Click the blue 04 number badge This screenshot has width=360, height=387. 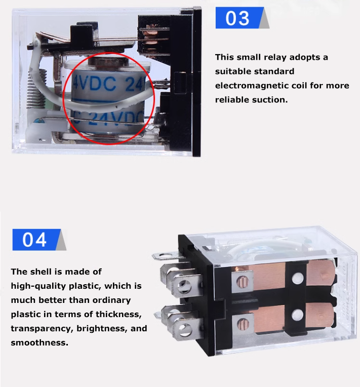click(x=36, y=240)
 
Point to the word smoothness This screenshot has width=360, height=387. click(x=39, y=342)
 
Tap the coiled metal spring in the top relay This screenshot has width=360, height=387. click(x=33, y=89)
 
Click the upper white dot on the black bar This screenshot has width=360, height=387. click(x=298, y=279)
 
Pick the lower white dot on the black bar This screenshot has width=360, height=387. click(x=297, y=315)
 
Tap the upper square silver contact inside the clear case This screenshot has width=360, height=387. click(x=243, y=281)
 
